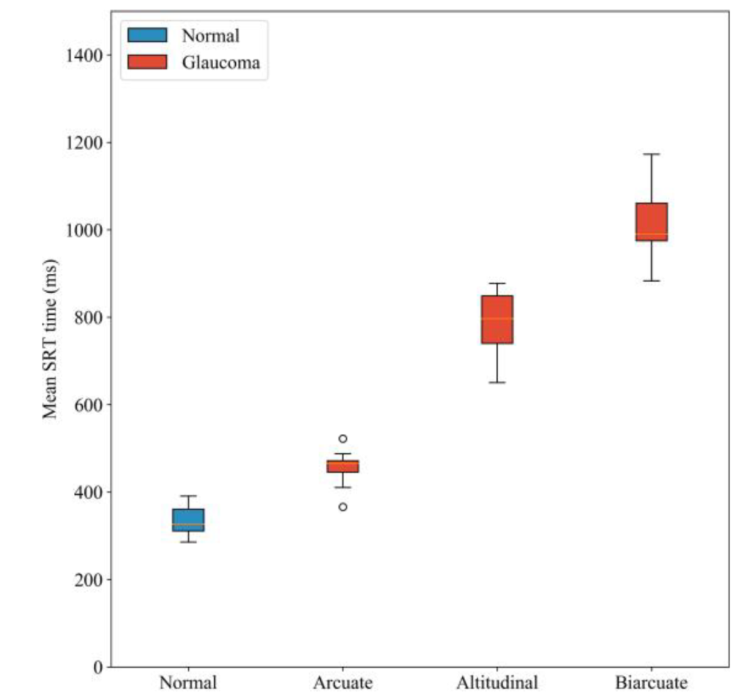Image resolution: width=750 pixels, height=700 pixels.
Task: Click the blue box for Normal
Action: tap(188, 519)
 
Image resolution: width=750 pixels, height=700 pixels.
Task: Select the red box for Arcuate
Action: tap(343, 466)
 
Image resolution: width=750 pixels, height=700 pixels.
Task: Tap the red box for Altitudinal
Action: tap(497, 319)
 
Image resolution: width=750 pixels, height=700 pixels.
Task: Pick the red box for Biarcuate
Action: tap(651, 221)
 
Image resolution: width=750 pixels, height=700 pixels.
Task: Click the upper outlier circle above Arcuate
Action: tap(343, 439)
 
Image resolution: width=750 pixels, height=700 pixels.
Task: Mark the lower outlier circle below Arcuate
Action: tap(343, 507)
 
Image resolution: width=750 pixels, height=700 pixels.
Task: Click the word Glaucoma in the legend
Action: tap(220, 63)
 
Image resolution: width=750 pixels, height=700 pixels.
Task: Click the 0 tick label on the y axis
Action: tap(97, 667)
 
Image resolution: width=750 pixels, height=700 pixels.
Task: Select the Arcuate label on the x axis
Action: tap(343, 683)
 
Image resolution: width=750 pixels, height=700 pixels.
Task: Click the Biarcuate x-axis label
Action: tap(651, 683)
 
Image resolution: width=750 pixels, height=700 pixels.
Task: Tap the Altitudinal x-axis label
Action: tap(497, 683)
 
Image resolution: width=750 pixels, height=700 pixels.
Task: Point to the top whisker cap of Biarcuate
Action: tap(651, 154)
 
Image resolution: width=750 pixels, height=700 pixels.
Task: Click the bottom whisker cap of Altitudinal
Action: tap(497, 382)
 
